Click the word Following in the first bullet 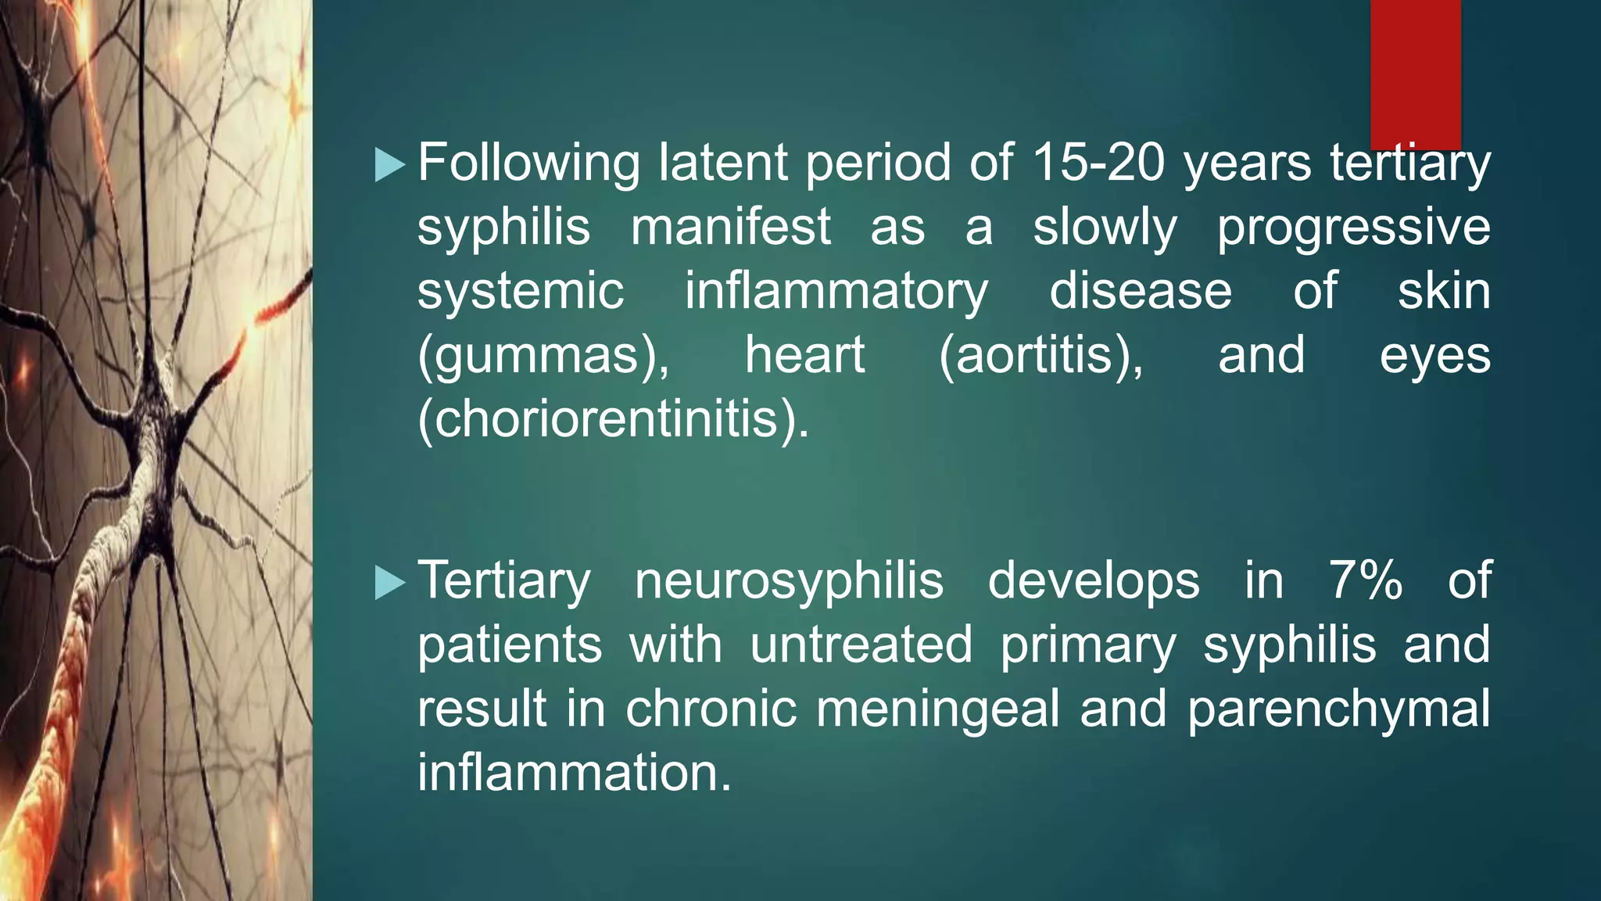[x=528, y=164]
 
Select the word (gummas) [x=543, y=356]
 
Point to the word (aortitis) [x=1040, y=356]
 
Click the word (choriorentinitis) [x=613, y=420]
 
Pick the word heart [x=804, y=356]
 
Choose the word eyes [x=1434, y=356]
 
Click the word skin [x=1444, y=291]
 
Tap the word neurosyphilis [x=789, y=581]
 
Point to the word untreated [x=861, y=645]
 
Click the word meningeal [x=938, y=709]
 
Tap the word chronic [x=711, y=709]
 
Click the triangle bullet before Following [x=389, y=165]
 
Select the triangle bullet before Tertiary [x=389, y=583]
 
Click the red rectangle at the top [x=1415, y=74]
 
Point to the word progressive [x=1353, y=228]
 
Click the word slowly [x=1105, y=228]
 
